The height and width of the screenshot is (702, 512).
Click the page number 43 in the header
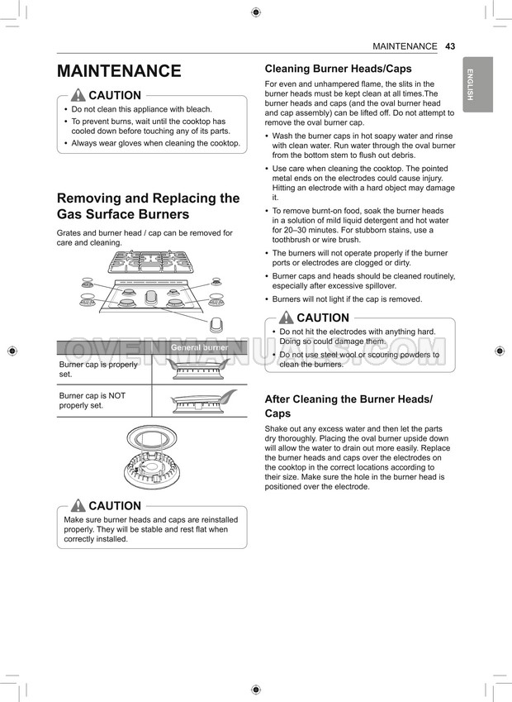tap(450, 46)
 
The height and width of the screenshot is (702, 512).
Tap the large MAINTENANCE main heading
tap(119, 71)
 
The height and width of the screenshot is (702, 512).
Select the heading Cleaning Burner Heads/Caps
tap(338, 69)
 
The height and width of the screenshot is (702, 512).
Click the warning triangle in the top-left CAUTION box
tap(78, 95)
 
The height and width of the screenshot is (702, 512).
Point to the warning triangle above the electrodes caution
tap(287, 318)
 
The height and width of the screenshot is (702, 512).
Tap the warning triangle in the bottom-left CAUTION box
tap(78, 505)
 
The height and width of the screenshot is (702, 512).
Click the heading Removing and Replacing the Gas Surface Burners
tap(148, 206)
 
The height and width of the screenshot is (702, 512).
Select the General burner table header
tap(199, 348)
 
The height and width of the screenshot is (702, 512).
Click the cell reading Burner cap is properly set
tap(99, 369)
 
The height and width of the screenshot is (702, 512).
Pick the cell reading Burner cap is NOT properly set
tap(93, 400)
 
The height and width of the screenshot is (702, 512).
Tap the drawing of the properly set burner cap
tap(199, 370)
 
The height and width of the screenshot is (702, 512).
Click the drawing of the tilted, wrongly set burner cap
tap(201, 401)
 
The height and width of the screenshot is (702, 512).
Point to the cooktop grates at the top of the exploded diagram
tap(149, 263)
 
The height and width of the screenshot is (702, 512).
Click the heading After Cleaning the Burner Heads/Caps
tap(348, 406)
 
